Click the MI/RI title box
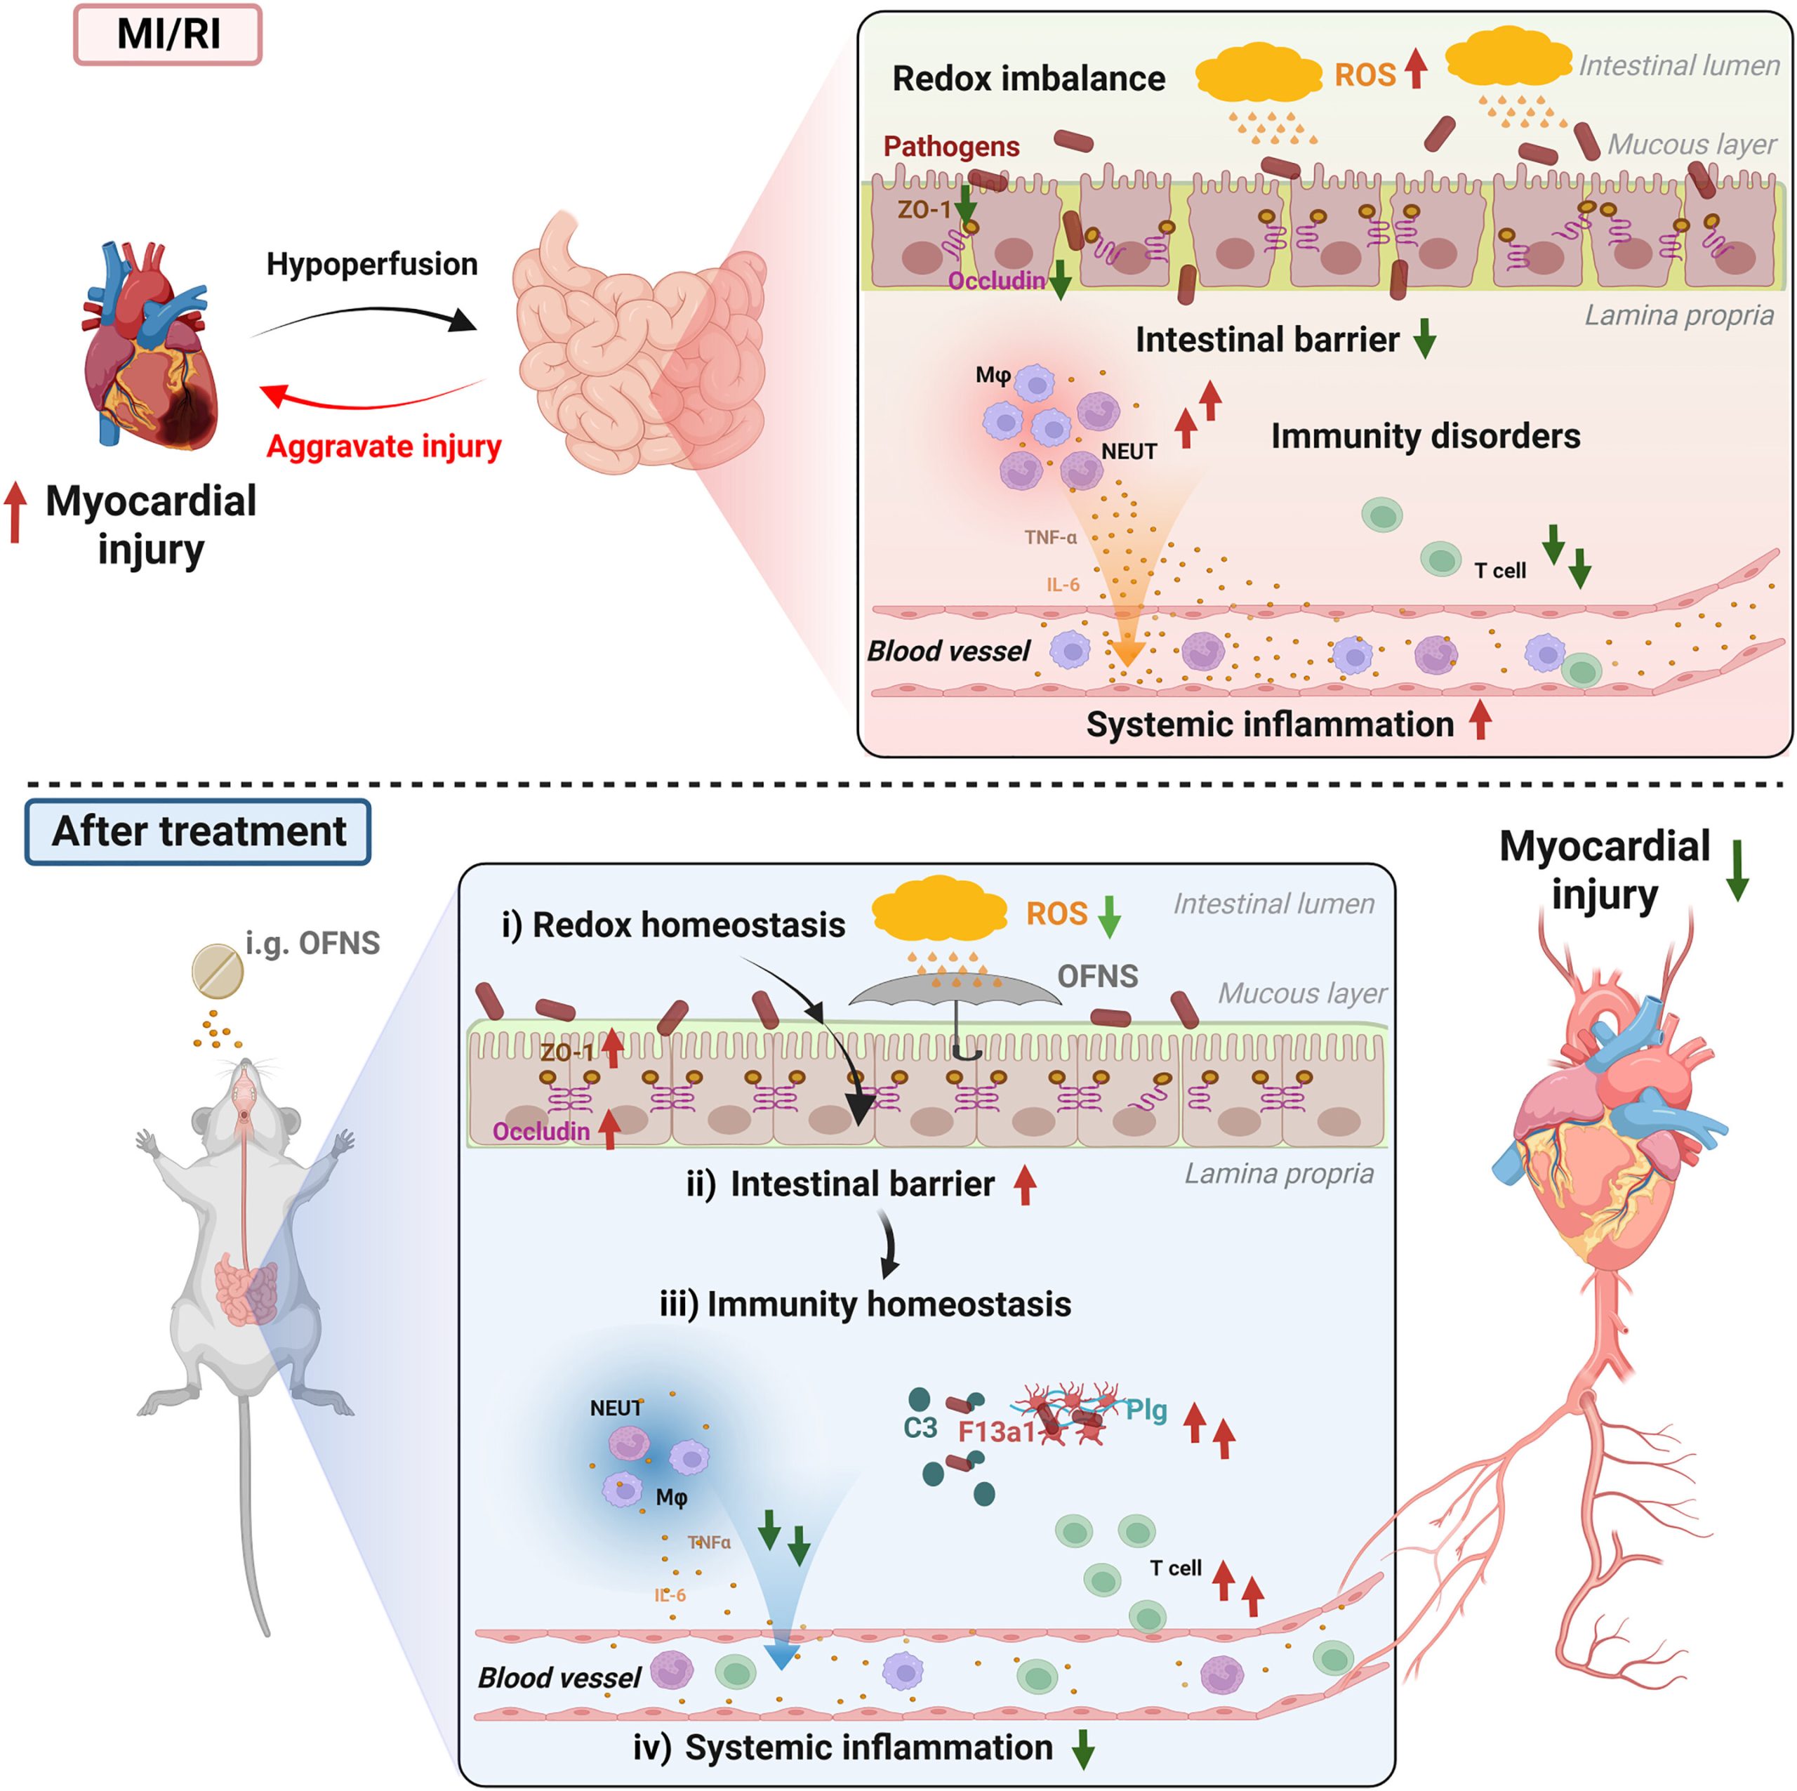coord(168,35)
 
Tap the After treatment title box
coord(198,831)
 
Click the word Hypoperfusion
coord(372,264)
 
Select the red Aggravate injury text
coord(384,447)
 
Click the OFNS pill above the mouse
coord(218,972)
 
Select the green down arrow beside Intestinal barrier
coord(1424,338)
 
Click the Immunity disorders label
coord(1425,435)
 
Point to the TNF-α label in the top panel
coord(1050,537)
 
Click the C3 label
coord(920,1427)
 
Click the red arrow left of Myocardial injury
coord(15,512)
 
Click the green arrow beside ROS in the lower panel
coord(1108,916)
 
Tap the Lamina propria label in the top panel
coord(1679,315)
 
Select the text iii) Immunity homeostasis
coord(865,1304)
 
